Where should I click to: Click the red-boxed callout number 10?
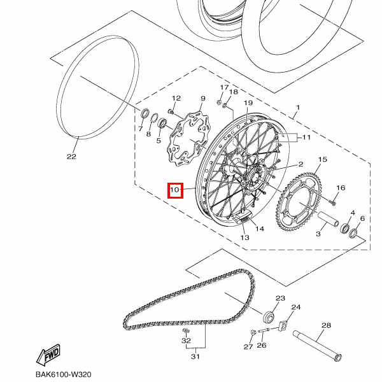[x=175, y=190]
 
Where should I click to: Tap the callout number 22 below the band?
[x=71, y=156]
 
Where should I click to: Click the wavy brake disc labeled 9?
[x=185, y=139]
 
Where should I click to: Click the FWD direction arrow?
[x=47, y=355]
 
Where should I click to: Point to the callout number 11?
[x=306, y=137]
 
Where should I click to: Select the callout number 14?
[x=260, y=228]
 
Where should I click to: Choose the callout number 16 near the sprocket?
[x=341, y=188]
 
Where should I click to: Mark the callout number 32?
[x=186, y=341]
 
